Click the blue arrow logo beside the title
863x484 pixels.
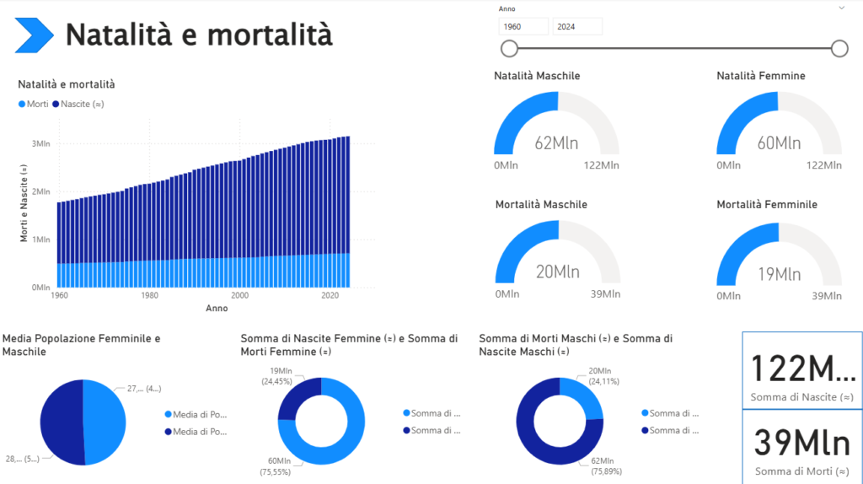click(x=35, y=35)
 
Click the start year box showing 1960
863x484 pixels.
click(x=523, y=26)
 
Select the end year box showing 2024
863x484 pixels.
click(x=577, y=26)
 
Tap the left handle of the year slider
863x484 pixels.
click(x=509, y=48)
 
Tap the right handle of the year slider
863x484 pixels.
click(x=839, y=48)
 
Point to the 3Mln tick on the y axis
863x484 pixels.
click(x=41, y=143)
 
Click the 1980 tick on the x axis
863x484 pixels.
click(x=149, y=296)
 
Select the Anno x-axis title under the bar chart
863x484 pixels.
click(x=217, y=308)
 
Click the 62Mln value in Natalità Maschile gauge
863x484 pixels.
click(x=556, y=143)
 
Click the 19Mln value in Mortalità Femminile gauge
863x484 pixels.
click(x=779, y=273)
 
